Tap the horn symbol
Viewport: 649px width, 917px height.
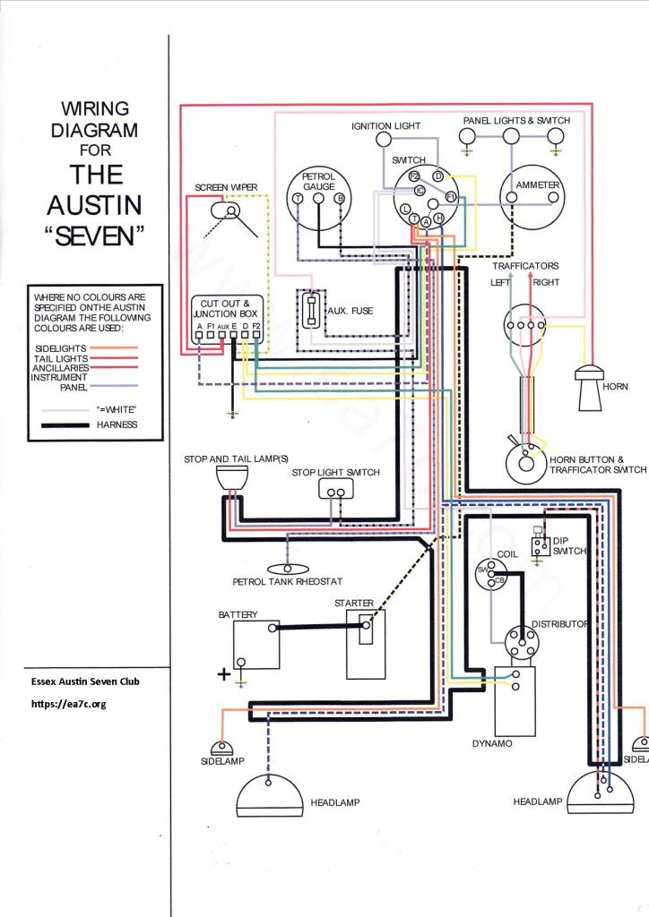[589, 389]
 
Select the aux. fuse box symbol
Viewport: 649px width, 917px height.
[312, 313]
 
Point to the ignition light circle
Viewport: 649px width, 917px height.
[384, 140]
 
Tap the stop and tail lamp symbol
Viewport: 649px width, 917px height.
[231, 481]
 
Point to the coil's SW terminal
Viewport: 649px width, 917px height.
[481, 570]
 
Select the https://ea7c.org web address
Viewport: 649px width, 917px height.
[69, 704]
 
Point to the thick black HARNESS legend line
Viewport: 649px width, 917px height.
[68, 424]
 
